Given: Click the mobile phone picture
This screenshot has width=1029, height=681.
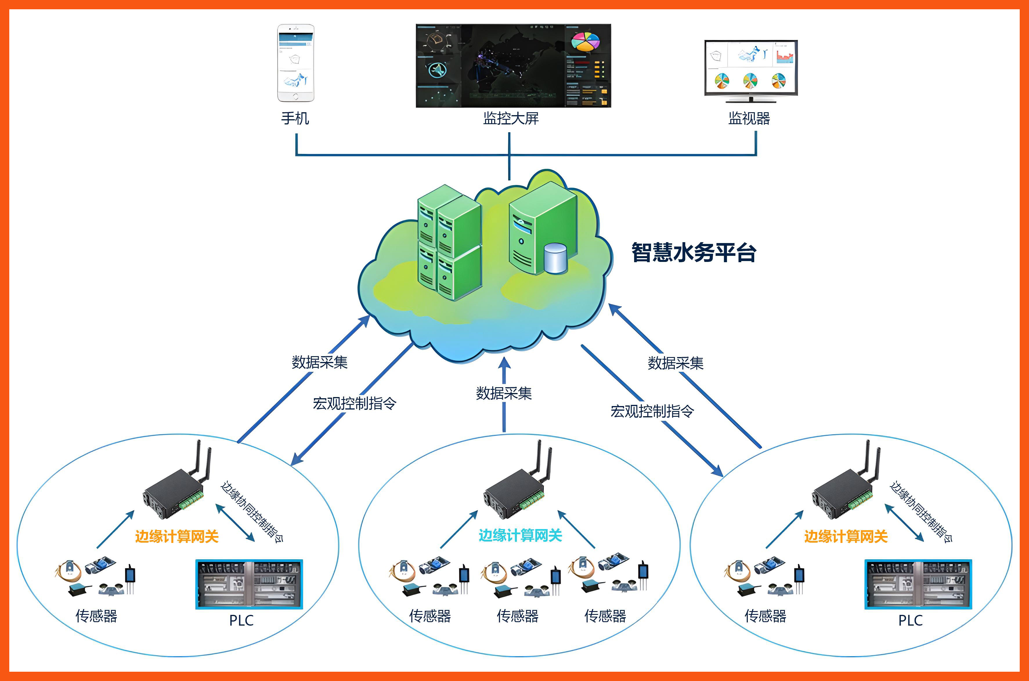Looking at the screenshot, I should coord(295,63).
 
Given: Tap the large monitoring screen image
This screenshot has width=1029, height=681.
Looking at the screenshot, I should coord(513,66).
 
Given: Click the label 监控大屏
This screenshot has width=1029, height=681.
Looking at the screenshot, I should coord(511,118).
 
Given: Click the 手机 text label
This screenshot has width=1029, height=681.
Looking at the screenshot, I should coord(295,118).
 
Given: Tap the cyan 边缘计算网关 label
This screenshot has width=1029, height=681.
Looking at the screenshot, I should coord(520,535).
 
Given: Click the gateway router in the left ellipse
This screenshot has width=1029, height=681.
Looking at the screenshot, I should coord(176,489).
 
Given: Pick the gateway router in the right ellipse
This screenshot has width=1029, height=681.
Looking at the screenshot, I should coord(845,489).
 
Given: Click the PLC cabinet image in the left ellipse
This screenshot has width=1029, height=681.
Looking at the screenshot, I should coord(249,584).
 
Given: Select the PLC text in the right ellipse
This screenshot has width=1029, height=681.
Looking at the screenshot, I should coord(910,620).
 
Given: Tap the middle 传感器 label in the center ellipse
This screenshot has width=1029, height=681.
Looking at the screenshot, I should coord(517,616).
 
